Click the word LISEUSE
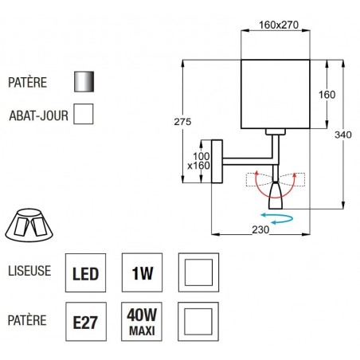pos(29,271)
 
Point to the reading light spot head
pos(277,194)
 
